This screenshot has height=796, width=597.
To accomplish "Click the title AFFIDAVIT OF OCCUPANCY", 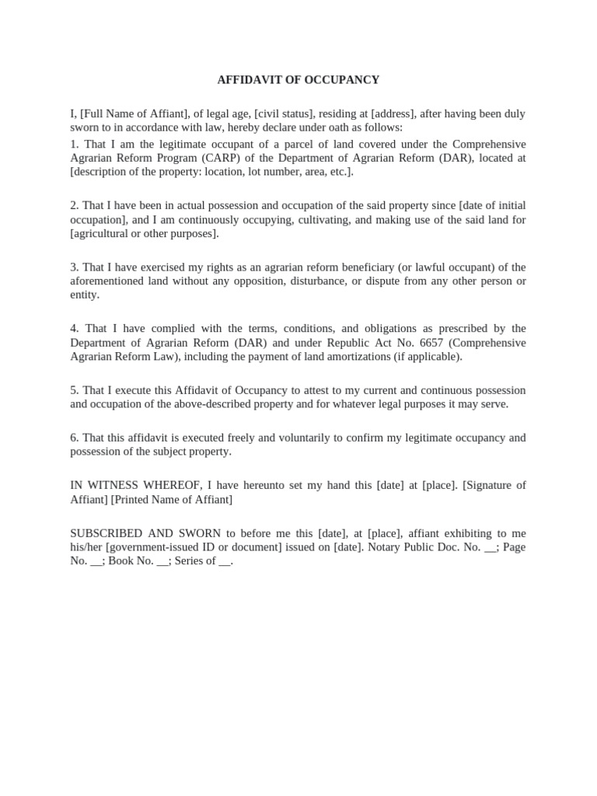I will [x=298, y=79].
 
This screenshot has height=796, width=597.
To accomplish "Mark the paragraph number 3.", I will [x=74, y=267].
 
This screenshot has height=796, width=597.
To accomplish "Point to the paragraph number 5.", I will [x=74, y=390].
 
